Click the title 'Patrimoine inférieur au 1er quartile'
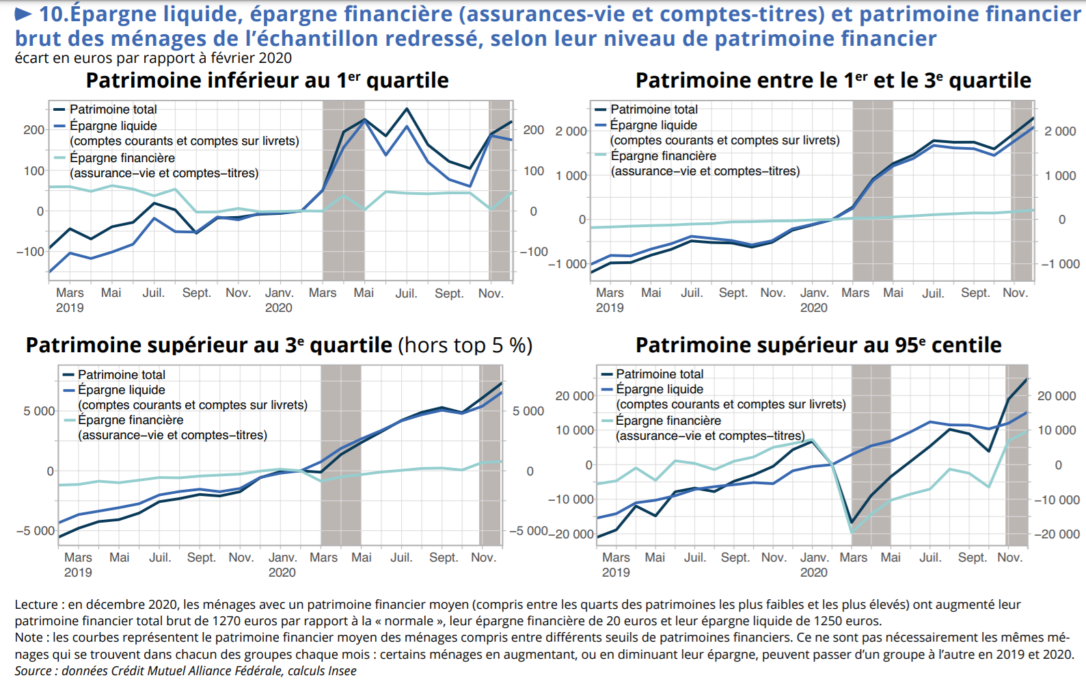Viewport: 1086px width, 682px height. (267, 81)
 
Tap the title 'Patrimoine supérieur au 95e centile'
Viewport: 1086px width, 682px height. (818, 345)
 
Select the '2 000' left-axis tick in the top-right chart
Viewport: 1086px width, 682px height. (571, 131)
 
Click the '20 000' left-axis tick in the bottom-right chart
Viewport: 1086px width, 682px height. (574, 396)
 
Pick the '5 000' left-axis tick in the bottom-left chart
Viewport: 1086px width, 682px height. (39, 411)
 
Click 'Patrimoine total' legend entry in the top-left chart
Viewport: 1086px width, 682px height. (113, 109)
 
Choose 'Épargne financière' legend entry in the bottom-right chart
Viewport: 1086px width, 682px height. (668, 421)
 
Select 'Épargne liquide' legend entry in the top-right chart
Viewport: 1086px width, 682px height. (653, 125)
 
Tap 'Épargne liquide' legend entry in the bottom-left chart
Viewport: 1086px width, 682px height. (121, 390)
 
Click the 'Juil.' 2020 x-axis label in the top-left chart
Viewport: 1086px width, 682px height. (406, 293)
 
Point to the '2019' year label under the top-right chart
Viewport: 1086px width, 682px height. (610, 308)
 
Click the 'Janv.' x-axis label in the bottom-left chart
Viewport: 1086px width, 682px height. (282, 558)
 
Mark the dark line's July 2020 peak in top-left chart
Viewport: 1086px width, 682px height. (407, 109)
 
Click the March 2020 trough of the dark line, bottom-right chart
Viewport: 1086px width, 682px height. (852, 523)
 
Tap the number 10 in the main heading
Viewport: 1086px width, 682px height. (53, 14)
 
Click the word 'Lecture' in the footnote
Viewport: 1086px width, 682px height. (36, 605)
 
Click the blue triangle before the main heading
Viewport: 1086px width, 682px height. (23, 14)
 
